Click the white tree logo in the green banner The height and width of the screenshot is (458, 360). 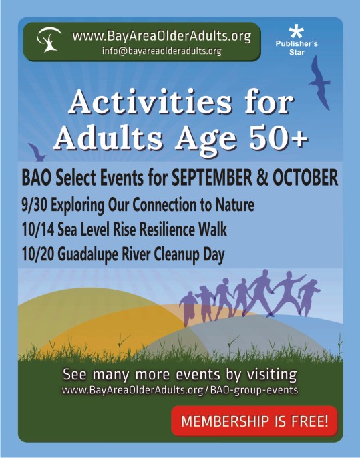click(49, 40)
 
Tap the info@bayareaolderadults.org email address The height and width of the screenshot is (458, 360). click(162, 51)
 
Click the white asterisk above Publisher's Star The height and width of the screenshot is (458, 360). click(296, 32)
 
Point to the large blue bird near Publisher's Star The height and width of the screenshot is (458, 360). click(320, 83)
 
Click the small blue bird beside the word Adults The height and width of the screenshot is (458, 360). click(37, 152)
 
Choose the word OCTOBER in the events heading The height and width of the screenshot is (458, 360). click(305, 177)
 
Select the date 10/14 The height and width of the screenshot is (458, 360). click(37, 230)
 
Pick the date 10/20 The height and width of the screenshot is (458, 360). click(37, 254)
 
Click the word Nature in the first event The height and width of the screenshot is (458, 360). click(234, 205)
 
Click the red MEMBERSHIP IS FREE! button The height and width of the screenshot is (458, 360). click(254, 421)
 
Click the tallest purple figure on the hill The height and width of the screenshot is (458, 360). click(261, 292)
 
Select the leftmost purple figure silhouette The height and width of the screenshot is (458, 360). click(188, 308)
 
